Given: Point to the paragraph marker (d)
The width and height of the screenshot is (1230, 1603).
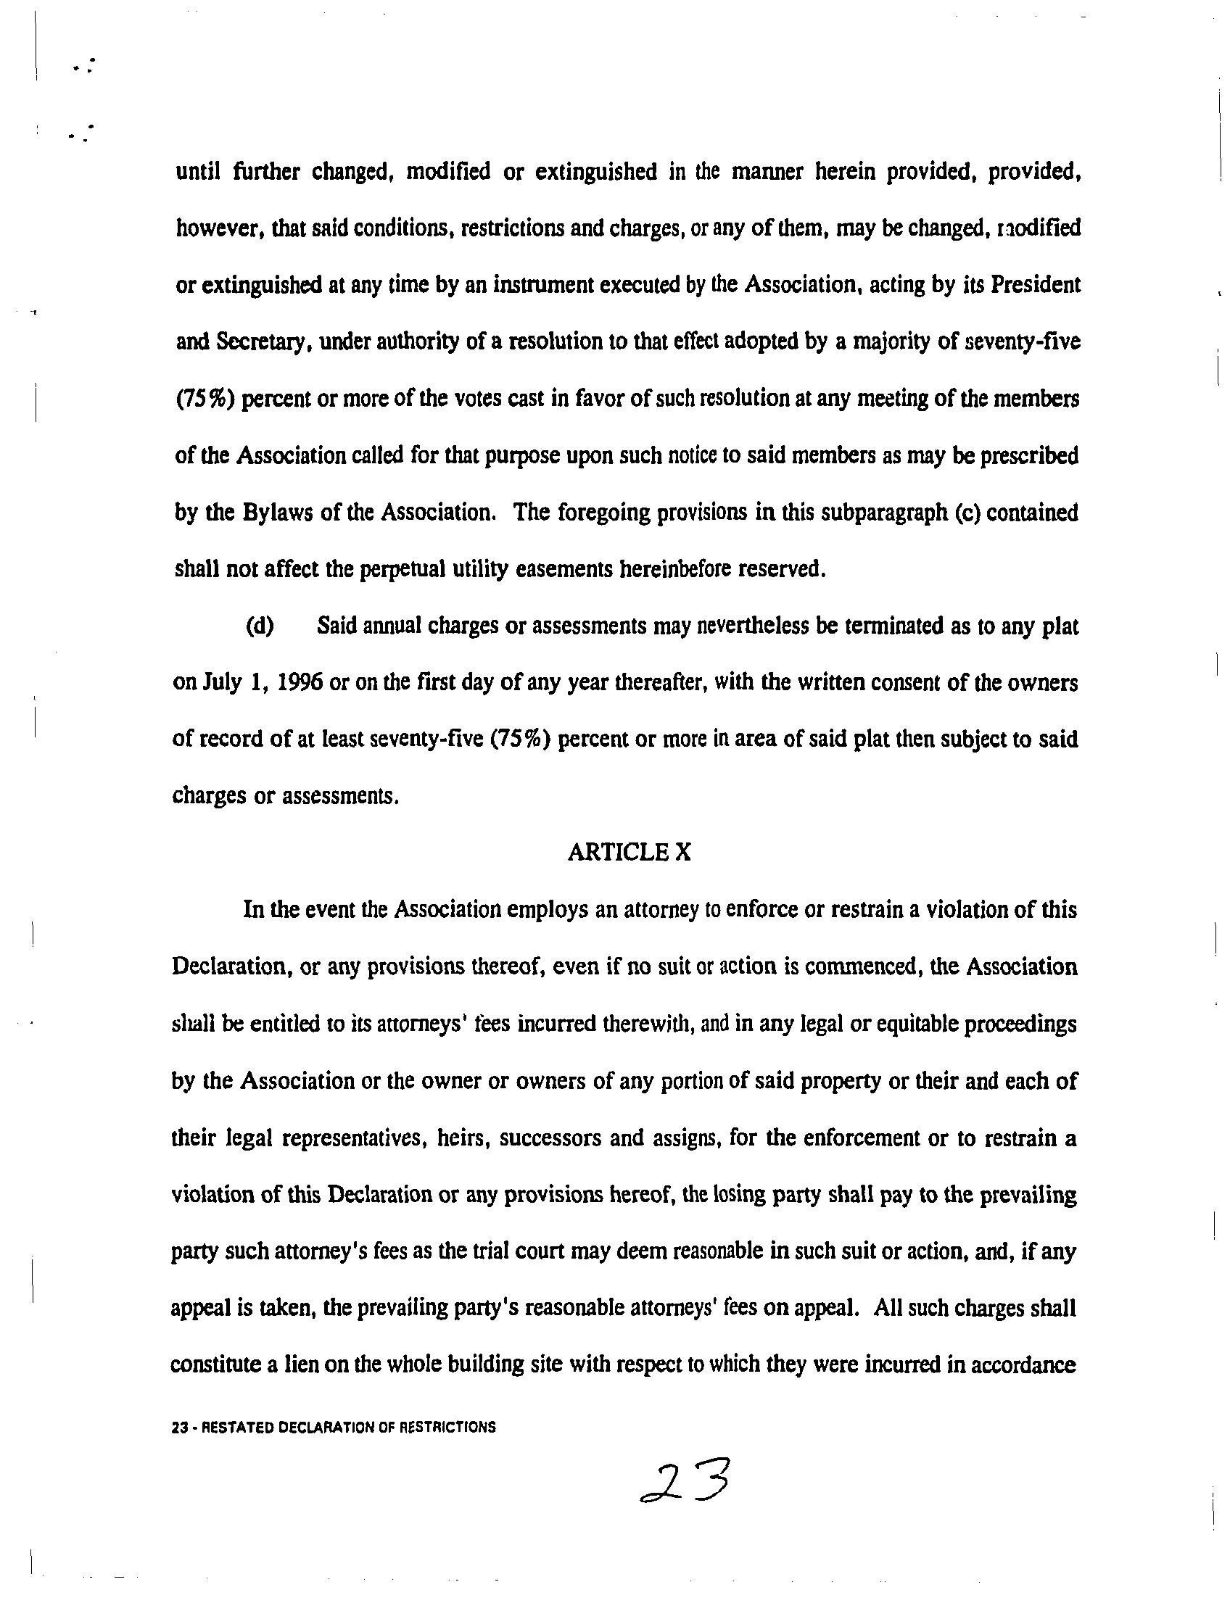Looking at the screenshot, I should coord(260,626).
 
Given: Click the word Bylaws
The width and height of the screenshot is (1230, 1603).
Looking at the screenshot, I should coord(276,513).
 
